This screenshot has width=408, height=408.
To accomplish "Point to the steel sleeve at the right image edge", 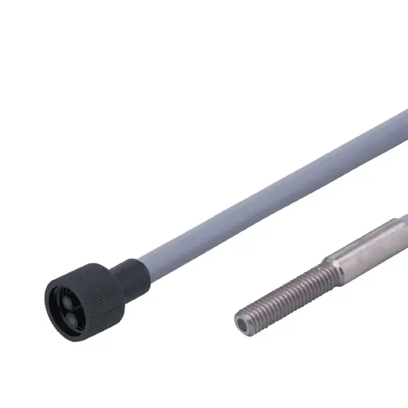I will tap(403, 227).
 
